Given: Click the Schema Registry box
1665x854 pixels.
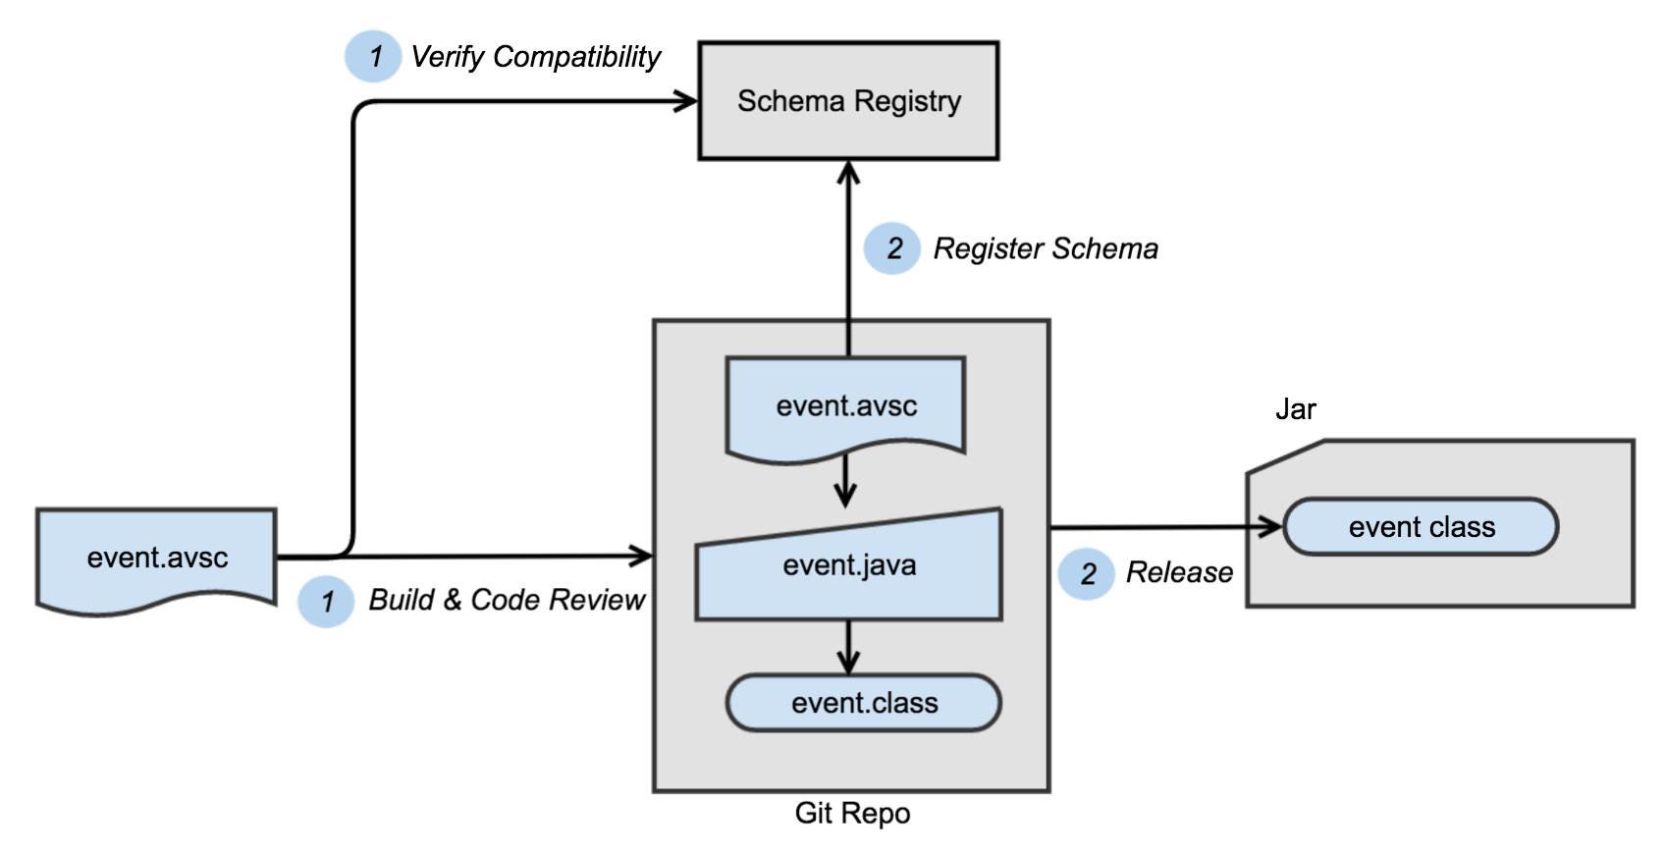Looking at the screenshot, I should coord(848,101).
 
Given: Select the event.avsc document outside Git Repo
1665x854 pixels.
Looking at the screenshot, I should coord(156,558).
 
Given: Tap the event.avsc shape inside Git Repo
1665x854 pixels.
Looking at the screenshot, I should coord(845,405).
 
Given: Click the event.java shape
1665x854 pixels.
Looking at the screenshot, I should coord(849,566).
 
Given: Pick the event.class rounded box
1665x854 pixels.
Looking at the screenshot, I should coord(863,703).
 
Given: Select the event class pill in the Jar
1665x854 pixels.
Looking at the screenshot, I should coord(1421,527).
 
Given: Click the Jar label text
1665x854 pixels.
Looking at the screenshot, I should coord(1295,409).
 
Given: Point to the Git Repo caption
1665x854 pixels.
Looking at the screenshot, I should coord(852,814).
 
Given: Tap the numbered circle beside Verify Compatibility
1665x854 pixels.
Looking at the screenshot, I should coord(373,56).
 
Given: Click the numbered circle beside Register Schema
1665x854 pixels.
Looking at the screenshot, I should coord(892,248).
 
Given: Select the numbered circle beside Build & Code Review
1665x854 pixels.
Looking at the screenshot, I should coord(326,601).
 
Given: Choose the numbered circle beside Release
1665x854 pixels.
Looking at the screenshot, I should coord(1087,574).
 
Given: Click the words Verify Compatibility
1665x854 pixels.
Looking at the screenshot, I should coord(535,57).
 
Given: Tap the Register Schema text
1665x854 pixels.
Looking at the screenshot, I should coord(1046,248).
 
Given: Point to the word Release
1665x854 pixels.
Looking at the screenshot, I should coord(1179,572).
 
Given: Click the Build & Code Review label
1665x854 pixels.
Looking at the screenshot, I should coord(507,600).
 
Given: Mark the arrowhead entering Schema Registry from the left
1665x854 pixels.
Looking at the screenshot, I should coord(686,100).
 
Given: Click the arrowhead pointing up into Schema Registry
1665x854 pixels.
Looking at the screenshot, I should coord(849,174).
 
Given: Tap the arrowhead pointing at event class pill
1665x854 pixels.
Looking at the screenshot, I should coord(1271,527).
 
